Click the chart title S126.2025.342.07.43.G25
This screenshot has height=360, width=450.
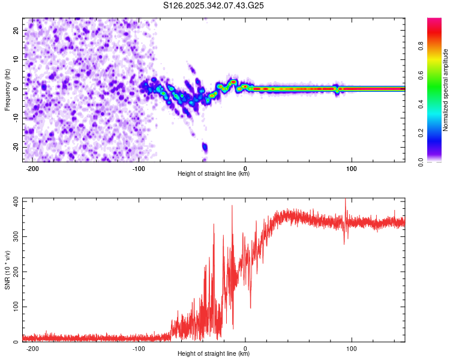(x=214, y=6)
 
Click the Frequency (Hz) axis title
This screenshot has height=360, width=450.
(x=7, y=89)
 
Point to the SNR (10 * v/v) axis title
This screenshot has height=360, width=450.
(x=7, y=271)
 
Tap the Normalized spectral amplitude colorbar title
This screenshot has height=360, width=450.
(x=445, y=89)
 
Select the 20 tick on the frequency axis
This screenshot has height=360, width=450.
(x=16, y=30)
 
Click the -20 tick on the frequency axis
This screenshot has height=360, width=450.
(x=15, y=147)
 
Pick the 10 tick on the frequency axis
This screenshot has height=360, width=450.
(x=16, y=59)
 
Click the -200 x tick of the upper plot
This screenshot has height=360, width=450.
(x=33, y=169)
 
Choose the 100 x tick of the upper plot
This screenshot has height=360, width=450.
(x=352, y=169)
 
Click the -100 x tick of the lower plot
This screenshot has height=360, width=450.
(x=139, y=349)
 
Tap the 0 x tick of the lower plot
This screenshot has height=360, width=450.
(x=245, y=349)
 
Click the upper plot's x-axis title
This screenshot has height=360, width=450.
(x=214, y=174)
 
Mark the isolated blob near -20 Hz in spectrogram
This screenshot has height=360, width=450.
(x=205, y=146)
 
